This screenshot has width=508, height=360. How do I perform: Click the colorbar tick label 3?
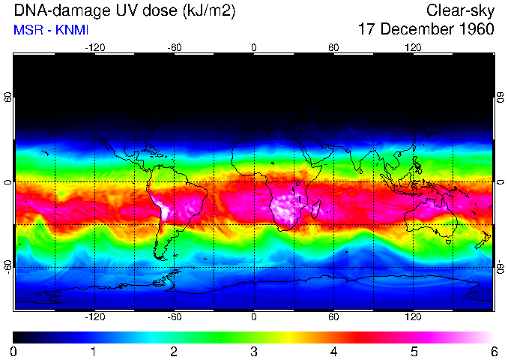[253, 350]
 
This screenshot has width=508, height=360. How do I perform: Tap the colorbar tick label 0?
[13, 350]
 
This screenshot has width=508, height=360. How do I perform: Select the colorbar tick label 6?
[493, 350]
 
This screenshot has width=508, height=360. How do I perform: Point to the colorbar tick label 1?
[93, 350]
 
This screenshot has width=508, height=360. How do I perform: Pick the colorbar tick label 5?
[413, 350]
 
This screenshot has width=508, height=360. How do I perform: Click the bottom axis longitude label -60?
[174, 316]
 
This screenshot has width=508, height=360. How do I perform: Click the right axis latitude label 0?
[500, 182]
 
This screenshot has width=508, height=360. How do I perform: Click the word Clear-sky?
[460, 11]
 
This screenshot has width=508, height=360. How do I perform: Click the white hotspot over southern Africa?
[288, 206]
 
